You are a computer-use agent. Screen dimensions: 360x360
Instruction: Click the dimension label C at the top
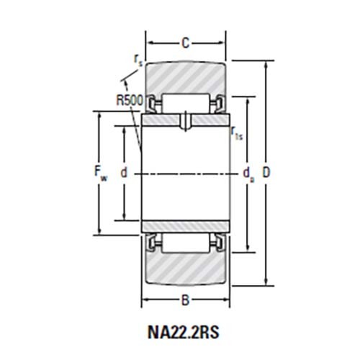185,43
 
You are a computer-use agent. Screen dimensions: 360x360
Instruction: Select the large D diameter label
267,174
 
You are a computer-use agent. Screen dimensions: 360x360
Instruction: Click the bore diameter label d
124,174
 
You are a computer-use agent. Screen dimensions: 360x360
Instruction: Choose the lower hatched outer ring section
186,269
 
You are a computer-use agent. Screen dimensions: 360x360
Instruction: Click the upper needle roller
186,103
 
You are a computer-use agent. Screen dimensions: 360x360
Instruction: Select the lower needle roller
186,243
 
